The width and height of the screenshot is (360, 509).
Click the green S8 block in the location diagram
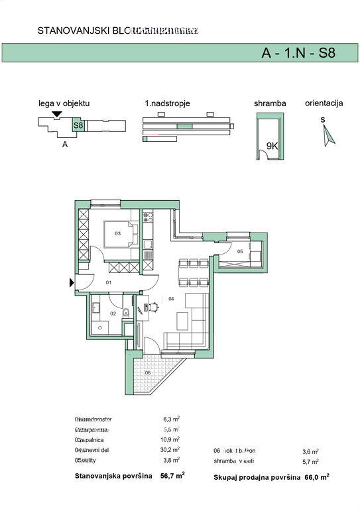(78, 125)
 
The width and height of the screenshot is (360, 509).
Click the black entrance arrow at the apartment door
(72, 282)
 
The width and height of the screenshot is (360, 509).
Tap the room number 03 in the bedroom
(117, 233)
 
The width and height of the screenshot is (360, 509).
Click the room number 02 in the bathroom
(113, 313)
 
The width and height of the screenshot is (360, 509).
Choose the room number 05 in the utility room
(239, 252)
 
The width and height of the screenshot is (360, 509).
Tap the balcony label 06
(148, 372)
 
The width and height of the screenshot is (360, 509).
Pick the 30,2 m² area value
(172, 448)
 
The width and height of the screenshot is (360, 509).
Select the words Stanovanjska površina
(113, 476)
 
